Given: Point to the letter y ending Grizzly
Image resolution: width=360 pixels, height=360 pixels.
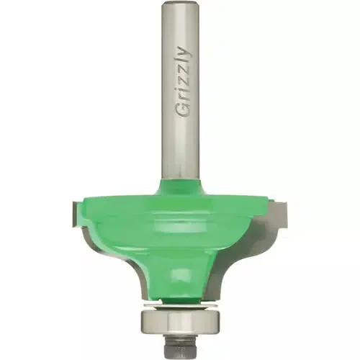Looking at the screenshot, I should [x=185, y=53].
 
